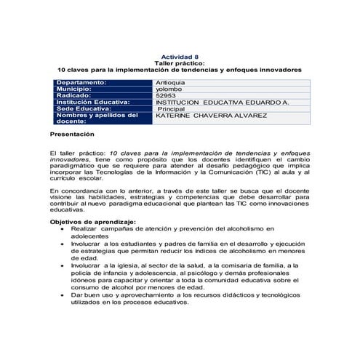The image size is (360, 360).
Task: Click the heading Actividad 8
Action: [179, 57]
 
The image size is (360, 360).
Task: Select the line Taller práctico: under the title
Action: [179, 63]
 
